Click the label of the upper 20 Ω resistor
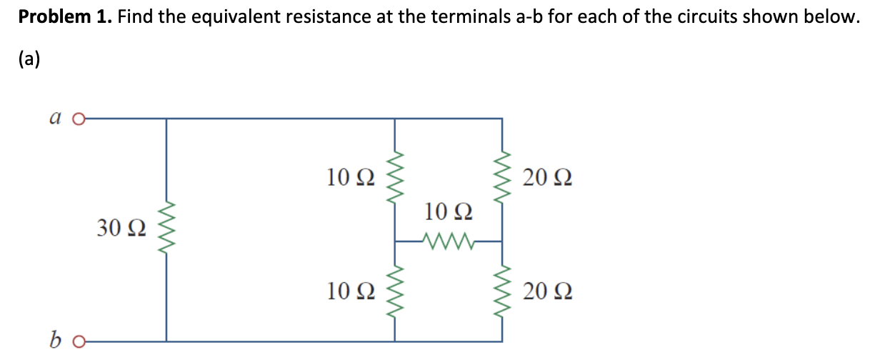[x=547, y=176]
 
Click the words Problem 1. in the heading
[x=65, y=17]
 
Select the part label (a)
[x=30, y=59]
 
